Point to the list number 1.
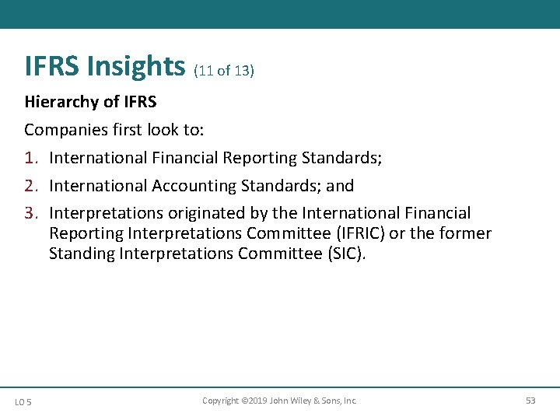click(x=31, y=158)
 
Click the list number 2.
click(x=31, y=186)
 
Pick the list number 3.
click(x=31, y=213)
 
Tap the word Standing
click(x=80, y=254)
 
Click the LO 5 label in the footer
click(x=23, y=401)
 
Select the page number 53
click(x=530, y=401)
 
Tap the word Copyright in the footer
click(x=220, y=401)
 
